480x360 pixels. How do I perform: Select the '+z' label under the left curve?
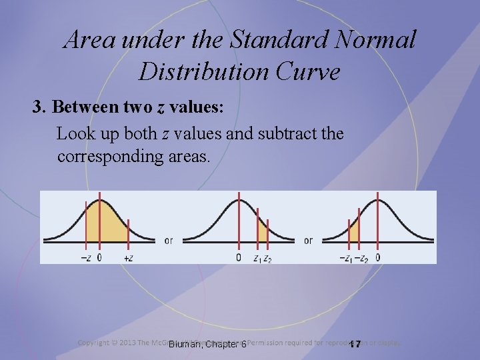[129, 256]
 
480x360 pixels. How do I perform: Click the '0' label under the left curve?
[99, 256]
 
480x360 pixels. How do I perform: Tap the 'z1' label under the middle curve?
[257, 257]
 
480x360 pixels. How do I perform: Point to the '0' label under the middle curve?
[239, 257]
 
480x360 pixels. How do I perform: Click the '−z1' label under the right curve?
[345, 257]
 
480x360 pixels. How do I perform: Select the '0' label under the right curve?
[378, 257]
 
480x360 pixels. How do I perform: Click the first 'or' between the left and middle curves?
[168, 241]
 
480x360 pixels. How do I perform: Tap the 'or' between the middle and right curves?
[308, 241]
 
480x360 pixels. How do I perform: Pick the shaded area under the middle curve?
[262, 232]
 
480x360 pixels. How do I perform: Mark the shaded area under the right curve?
[354, 231]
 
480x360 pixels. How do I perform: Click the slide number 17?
[355, 344]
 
